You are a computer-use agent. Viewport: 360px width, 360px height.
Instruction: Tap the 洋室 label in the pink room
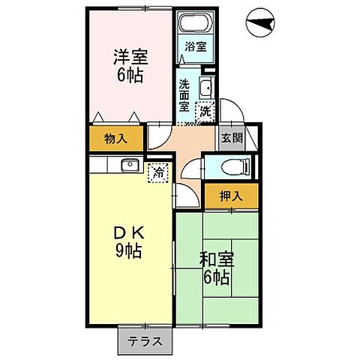click(129, 57)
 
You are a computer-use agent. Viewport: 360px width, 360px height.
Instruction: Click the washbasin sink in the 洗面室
click(207, 88)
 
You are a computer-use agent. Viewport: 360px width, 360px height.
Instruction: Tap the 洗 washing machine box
click(203, 112)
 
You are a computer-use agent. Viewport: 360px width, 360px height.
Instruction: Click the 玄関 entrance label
click(231, 137)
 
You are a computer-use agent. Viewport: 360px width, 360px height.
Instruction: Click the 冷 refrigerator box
click(158, 172)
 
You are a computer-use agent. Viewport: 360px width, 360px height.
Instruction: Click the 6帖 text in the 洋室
click(129, 76)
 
